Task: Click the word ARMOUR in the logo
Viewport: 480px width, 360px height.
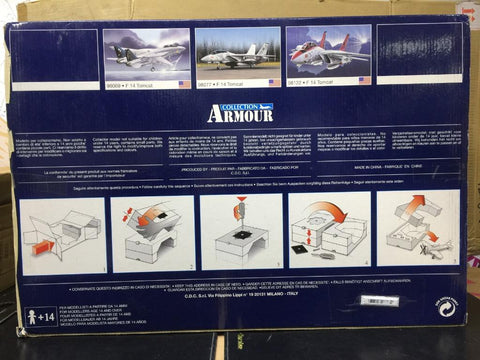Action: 240,114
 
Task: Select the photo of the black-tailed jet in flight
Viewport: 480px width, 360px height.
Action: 147,51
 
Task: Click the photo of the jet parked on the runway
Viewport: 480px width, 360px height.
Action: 238,51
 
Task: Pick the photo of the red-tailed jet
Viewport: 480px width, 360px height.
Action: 328,51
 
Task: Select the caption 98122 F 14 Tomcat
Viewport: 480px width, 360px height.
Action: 319,81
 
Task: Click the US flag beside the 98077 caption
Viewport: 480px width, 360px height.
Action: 274,82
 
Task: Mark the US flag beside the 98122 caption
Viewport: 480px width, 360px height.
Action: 364,80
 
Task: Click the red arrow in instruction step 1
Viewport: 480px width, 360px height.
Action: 42,246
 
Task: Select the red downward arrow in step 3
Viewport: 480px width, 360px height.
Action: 238,212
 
